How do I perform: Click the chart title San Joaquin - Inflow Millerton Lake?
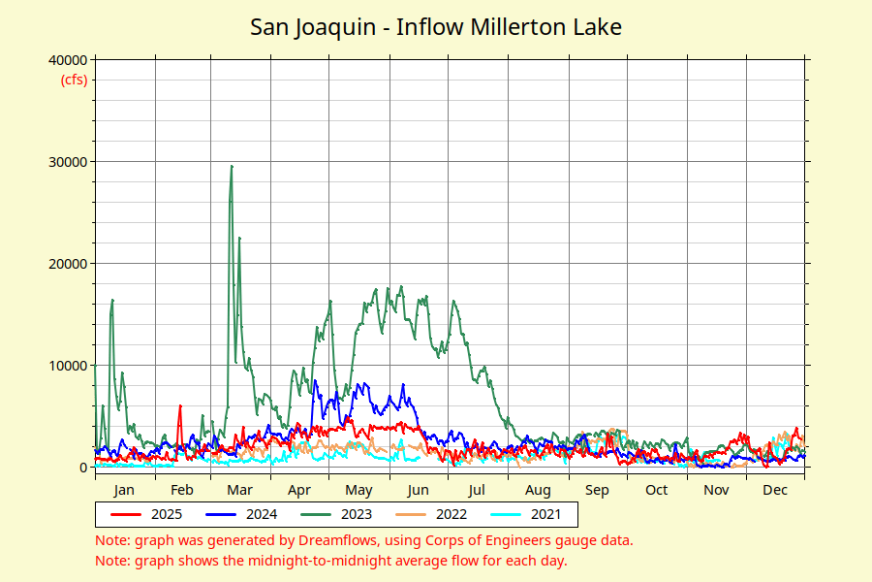click(436, 26)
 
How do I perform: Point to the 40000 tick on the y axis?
click(67, 60)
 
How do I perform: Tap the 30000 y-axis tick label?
click(67, 162)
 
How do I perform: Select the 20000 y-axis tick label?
click(67, 264)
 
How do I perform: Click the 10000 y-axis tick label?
click(67, 366)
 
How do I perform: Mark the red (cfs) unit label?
click(74, 80)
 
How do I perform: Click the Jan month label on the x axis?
click(124, 490)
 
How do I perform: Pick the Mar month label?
click(239, 490)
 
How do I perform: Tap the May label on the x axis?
click(358, 490)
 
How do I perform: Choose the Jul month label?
click(478, 490)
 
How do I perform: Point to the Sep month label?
click(597, 490)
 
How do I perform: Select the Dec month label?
click(774, 490)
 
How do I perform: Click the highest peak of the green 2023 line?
click(232, 166)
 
